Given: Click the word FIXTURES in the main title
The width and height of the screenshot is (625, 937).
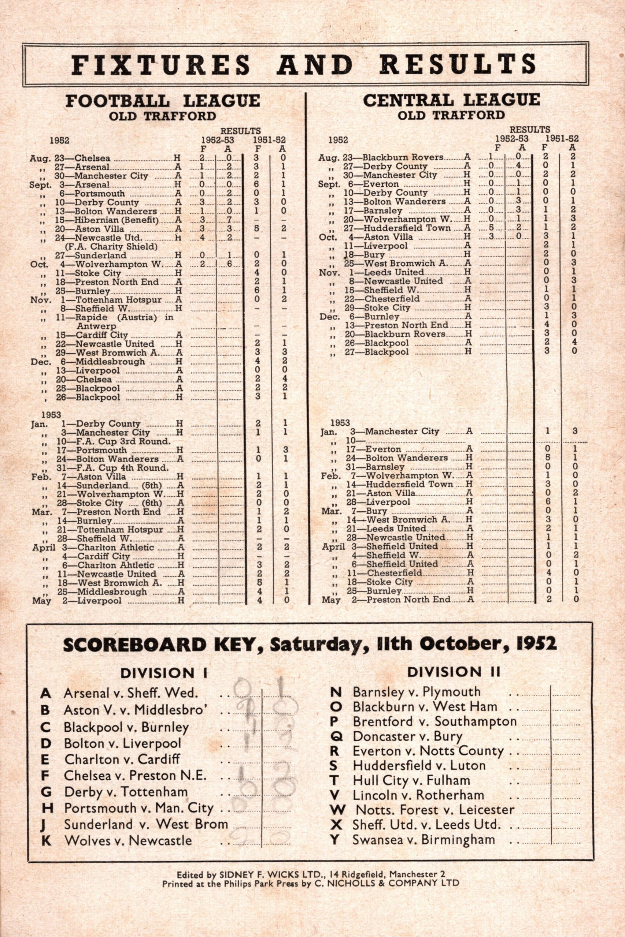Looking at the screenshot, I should click(x=162, y=64).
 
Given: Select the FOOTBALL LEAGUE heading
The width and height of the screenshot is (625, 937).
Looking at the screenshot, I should click(x=163, y=100).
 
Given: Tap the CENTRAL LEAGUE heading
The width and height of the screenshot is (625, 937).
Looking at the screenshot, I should click(x=451, y=100).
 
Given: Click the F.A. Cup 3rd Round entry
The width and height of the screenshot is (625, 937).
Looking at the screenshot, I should click(x=123, y=441).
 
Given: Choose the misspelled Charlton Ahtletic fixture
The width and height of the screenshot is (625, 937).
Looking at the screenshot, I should click(x=116, y=565).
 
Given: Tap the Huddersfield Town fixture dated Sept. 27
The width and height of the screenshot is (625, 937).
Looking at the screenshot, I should click(x=407, y=228).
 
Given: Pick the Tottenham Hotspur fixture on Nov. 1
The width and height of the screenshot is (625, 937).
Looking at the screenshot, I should click(x=118, y=300).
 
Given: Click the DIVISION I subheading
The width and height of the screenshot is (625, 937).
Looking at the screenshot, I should click(x=163, y=673).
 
